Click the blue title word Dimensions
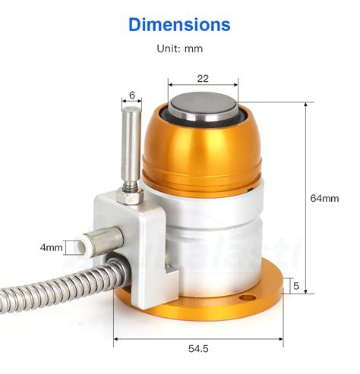click(x=179, y=24)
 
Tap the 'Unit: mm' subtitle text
click(x=179, y=49)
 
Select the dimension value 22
click(x=203, y=78)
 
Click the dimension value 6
click(x=132, y=95)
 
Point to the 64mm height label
click(x=324, y=198)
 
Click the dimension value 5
click(x=298, y=287)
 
